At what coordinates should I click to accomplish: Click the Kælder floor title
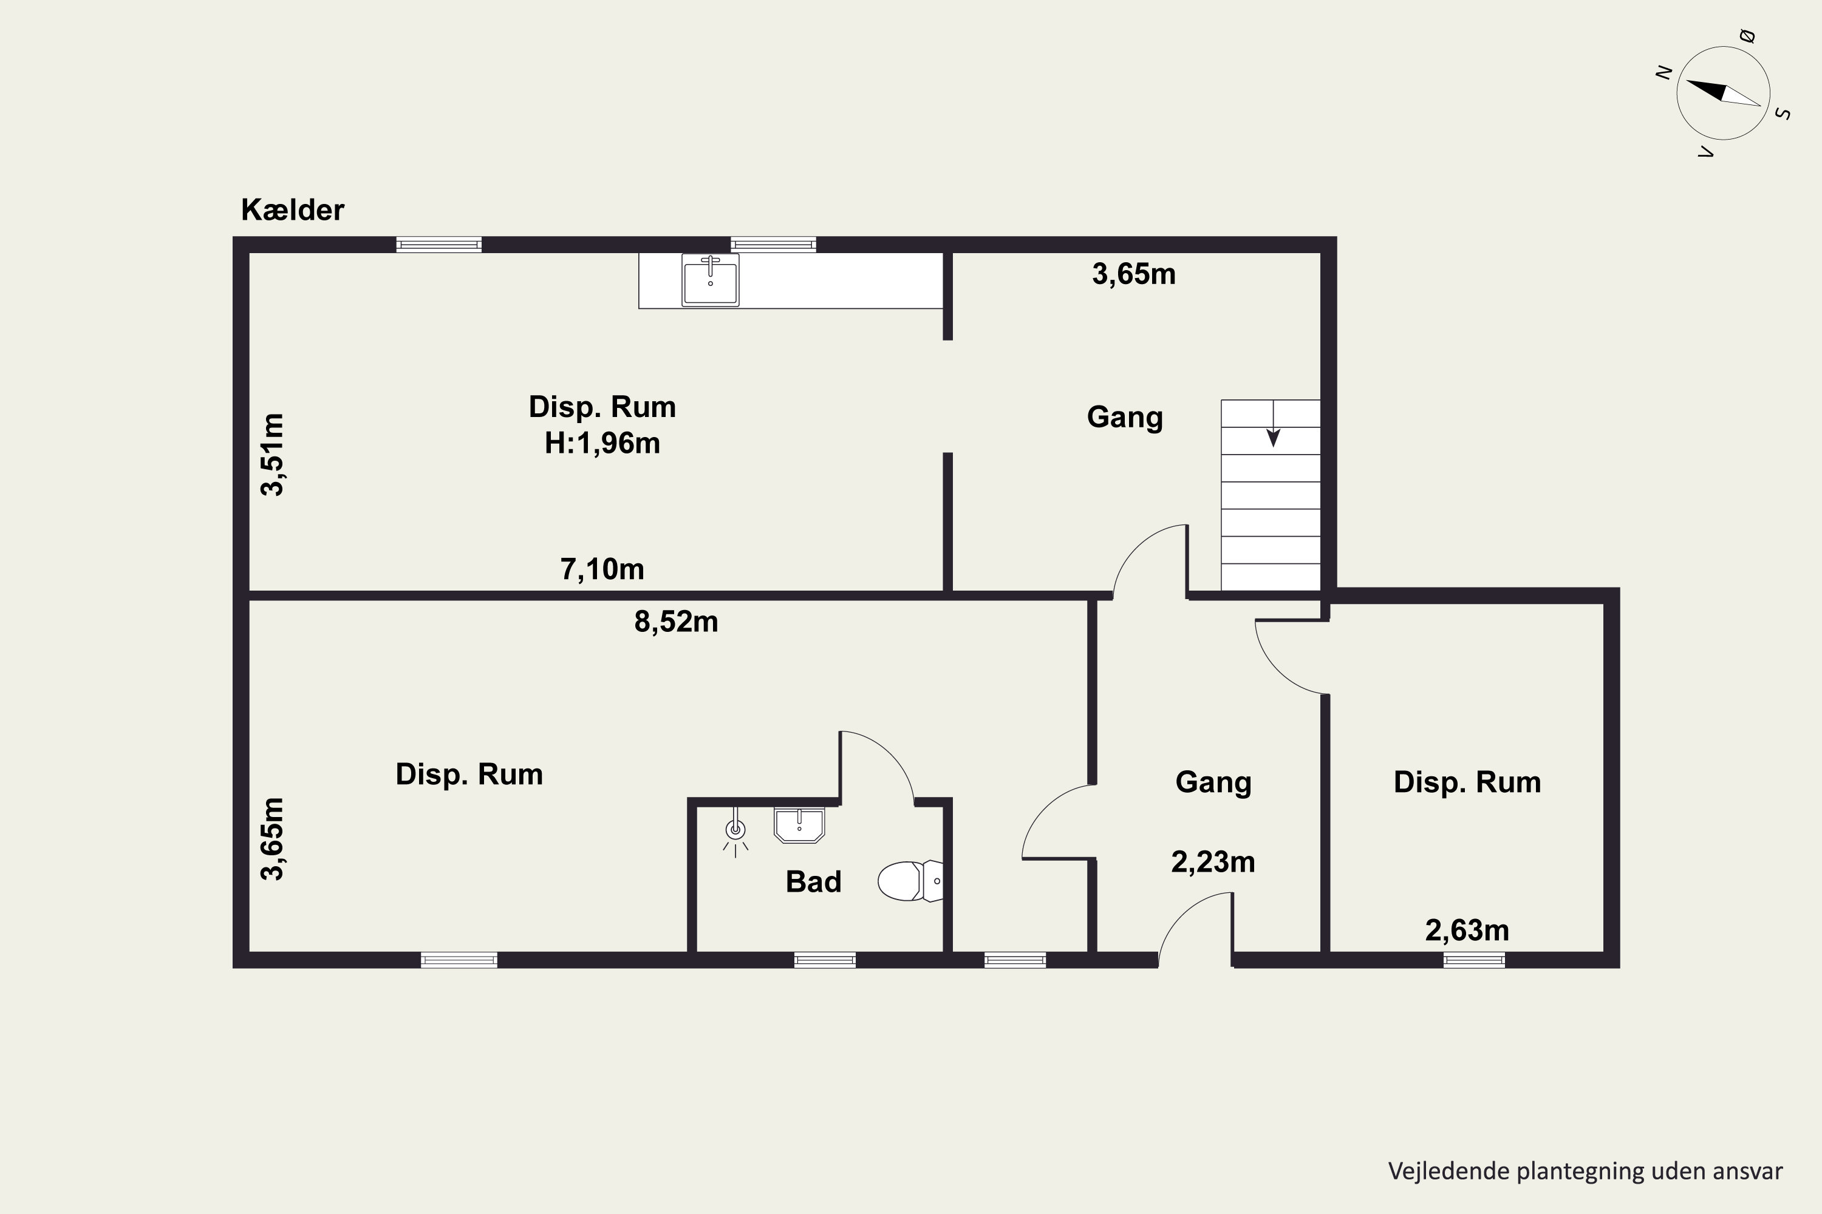(292, 210)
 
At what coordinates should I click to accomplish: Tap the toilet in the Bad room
(910, 881)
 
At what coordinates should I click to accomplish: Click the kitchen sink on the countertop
(711, 280)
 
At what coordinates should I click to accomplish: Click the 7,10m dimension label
(602, 569)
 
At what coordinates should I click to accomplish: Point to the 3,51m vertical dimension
(273, 455)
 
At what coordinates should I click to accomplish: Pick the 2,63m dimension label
(1467, 930)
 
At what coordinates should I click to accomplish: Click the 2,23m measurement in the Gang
(1213, 862)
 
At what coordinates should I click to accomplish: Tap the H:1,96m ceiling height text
(602, 443)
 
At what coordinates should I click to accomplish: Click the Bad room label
(813, 882)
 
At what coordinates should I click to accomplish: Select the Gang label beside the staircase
(1125, 418)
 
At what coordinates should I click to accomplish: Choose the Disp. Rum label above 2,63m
(1467, 782)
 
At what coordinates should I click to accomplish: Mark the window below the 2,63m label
(1474, 960)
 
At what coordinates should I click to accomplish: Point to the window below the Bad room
(825, 960)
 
